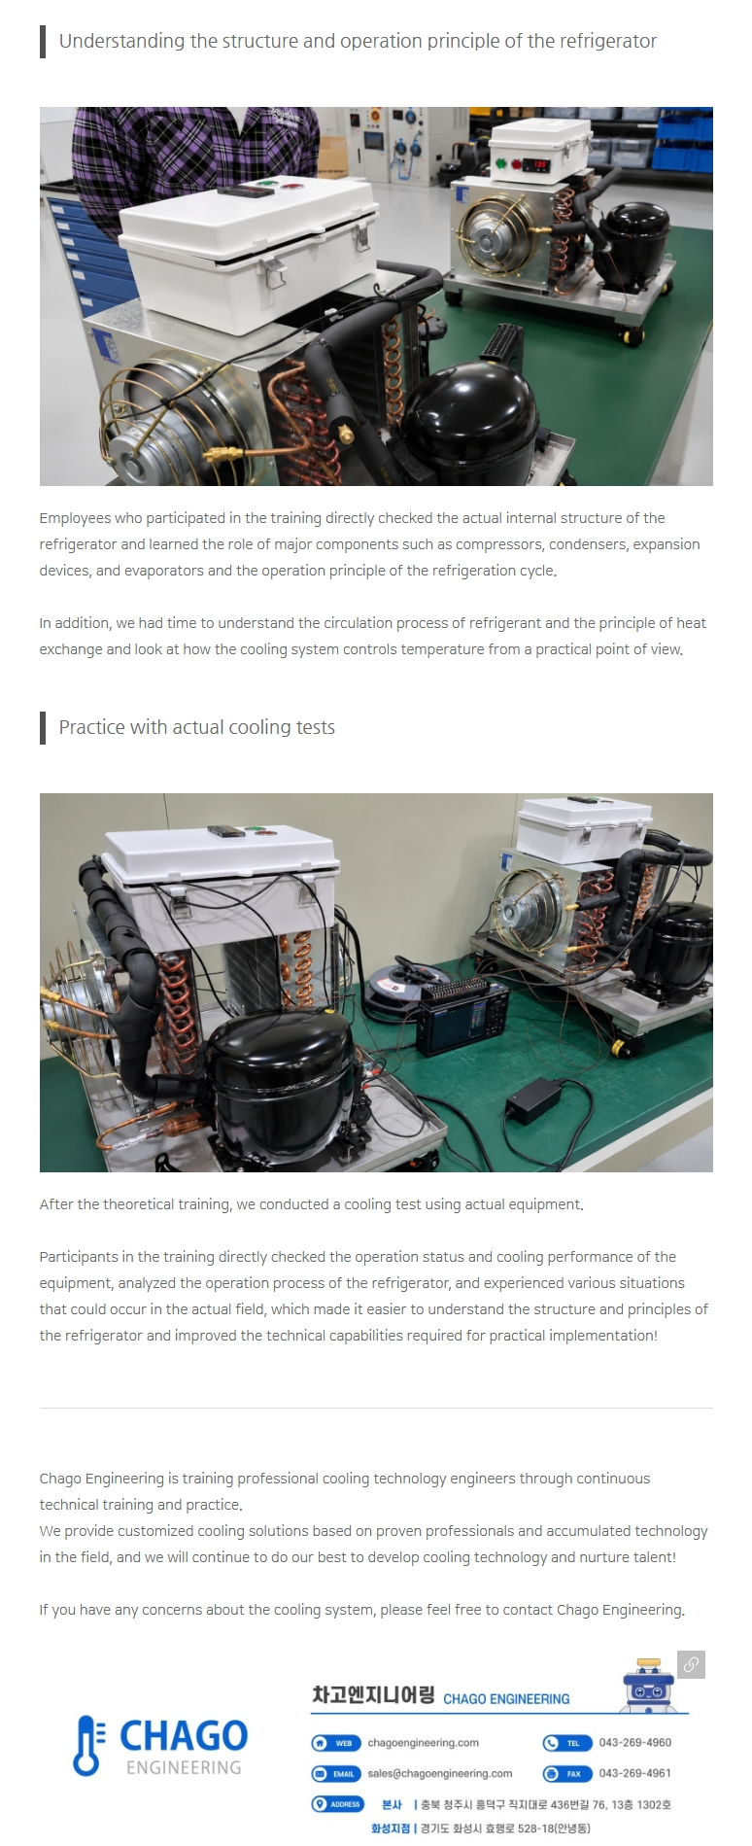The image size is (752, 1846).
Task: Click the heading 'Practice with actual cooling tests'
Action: (196, 727)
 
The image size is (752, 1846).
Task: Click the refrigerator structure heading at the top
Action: (358, 41)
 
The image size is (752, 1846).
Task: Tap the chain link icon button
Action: (691, 1663)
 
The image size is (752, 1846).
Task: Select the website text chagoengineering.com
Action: (423, 1742)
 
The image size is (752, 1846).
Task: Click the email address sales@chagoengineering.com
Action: (439, 1773)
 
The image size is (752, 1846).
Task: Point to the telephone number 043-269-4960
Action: (634, 1742)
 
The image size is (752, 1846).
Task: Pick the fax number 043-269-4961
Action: (634, 1773)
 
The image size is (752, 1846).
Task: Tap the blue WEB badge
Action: (336, 1743)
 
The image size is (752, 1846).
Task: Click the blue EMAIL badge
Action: (336, 1774)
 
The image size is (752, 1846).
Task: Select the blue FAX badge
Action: (567, 1774)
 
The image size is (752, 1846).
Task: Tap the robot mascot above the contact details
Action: (648, 1685)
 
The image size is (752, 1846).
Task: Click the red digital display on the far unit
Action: (536, 164)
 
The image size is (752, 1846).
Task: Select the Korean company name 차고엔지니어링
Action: (373, 1695)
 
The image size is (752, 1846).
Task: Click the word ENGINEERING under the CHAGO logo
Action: (184, 1767)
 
